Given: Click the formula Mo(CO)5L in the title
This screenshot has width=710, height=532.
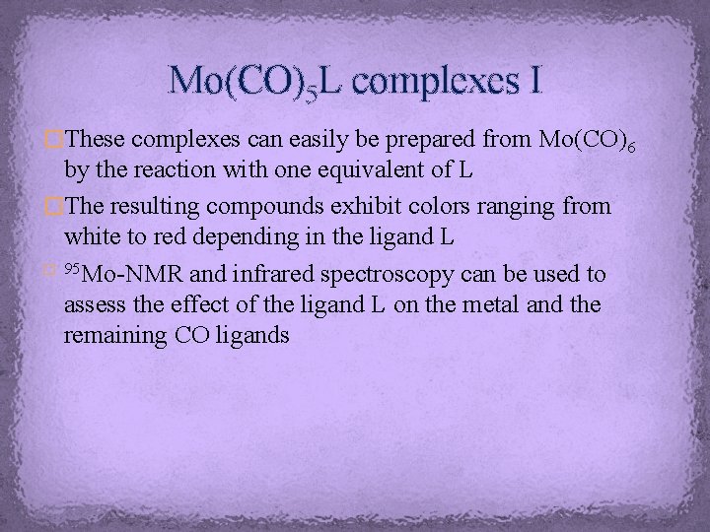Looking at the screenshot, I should click(254, 82).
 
